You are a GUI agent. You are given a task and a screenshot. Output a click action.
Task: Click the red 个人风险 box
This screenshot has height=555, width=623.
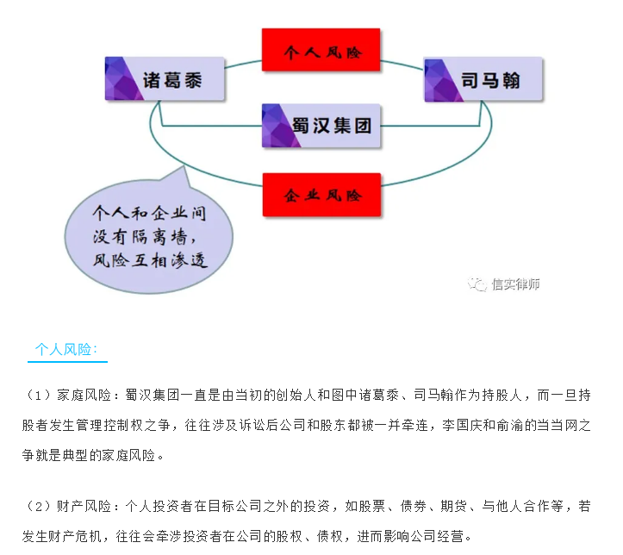point(321,50)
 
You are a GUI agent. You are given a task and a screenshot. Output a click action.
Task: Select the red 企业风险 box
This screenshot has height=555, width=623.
point(321,195)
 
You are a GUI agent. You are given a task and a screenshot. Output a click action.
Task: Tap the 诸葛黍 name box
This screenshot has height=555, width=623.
point(165,78)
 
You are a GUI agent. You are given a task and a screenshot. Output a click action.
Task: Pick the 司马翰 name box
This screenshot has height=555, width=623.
point(483,79)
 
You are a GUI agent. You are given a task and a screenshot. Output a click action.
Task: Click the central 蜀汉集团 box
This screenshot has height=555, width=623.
point(321,126)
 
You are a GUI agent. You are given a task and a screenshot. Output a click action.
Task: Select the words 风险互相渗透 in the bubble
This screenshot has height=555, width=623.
point(150,260)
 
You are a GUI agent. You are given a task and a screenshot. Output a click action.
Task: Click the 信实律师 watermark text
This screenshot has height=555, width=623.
point(515,284)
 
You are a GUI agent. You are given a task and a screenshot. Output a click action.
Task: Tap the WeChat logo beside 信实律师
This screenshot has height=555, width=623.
point(477,284)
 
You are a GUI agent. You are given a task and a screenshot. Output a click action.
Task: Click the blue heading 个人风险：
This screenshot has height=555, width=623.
point(66,350)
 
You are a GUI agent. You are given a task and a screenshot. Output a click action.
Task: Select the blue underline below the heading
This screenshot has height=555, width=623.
point(67,361)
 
